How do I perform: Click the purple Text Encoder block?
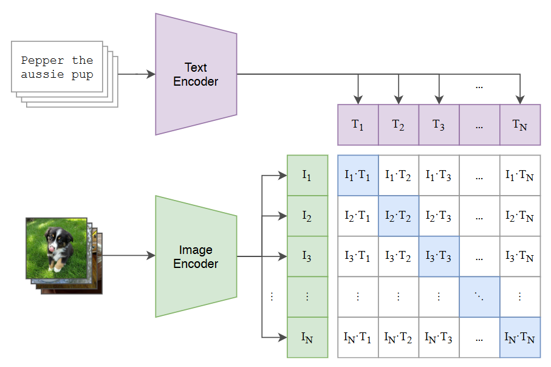coord(196,74)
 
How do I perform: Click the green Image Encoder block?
coord(196,256)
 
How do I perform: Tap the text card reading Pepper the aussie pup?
coord(57,67)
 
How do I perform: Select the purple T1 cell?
coord(358,125)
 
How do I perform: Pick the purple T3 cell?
coord(439,125)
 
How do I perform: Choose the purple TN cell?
coord(520,125)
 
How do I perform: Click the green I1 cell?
coord(307,175)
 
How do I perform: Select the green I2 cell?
coord(307,216)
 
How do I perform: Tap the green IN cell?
coord(307,337)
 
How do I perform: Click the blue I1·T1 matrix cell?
coord(358,175)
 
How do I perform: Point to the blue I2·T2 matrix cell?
coord(399,216)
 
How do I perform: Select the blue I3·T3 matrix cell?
coord(439,256)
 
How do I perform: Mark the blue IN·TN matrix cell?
coord(520,337)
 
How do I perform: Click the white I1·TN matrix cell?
coord(520,175)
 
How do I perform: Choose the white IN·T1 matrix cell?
coord(358,337)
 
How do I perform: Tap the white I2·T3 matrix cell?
coord(439,216)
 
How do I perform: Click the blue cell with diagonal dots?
coord(479,297)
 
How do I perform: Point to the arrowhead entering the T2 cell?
coord(399,100)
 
